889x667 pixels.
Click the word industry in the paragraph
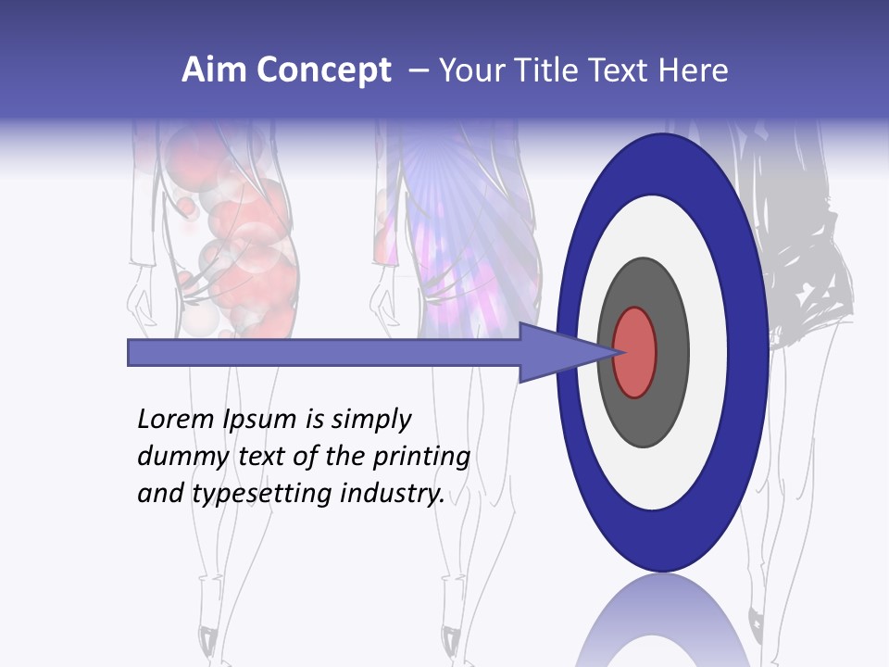coord(392,495)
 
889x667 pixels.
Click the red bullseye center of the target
coord(635,352)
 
